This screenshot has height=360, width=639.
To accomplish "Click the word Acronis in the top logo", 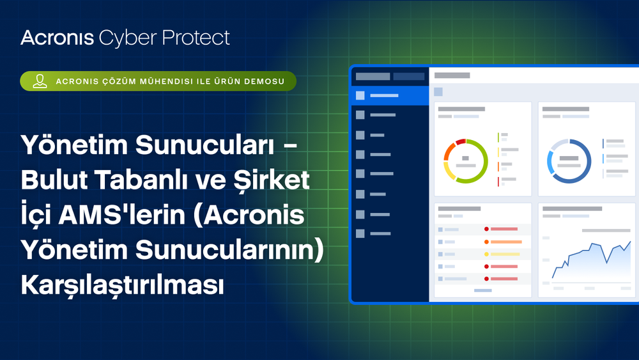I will (x=57, y=38).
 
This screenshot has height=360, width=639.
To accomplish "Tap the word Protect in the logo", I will (x=199, y=38).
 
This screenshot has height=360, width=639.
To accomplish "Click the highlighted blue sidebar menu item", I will (x=389, y=96).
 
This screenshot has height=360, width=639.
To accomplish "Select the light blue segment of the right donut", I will (x=550, y=163).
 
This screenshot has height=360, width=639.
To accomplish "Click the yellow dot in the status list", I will (x=486, y=254).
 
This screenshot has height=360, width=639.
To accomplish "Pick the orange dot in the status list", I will (x=486, y=242).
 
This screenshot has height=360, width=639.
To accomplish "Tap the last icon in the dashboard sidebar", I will (x=360, y=234).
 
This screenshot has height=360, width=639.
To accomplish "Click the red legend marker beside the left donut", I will (x=498, y=181).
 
